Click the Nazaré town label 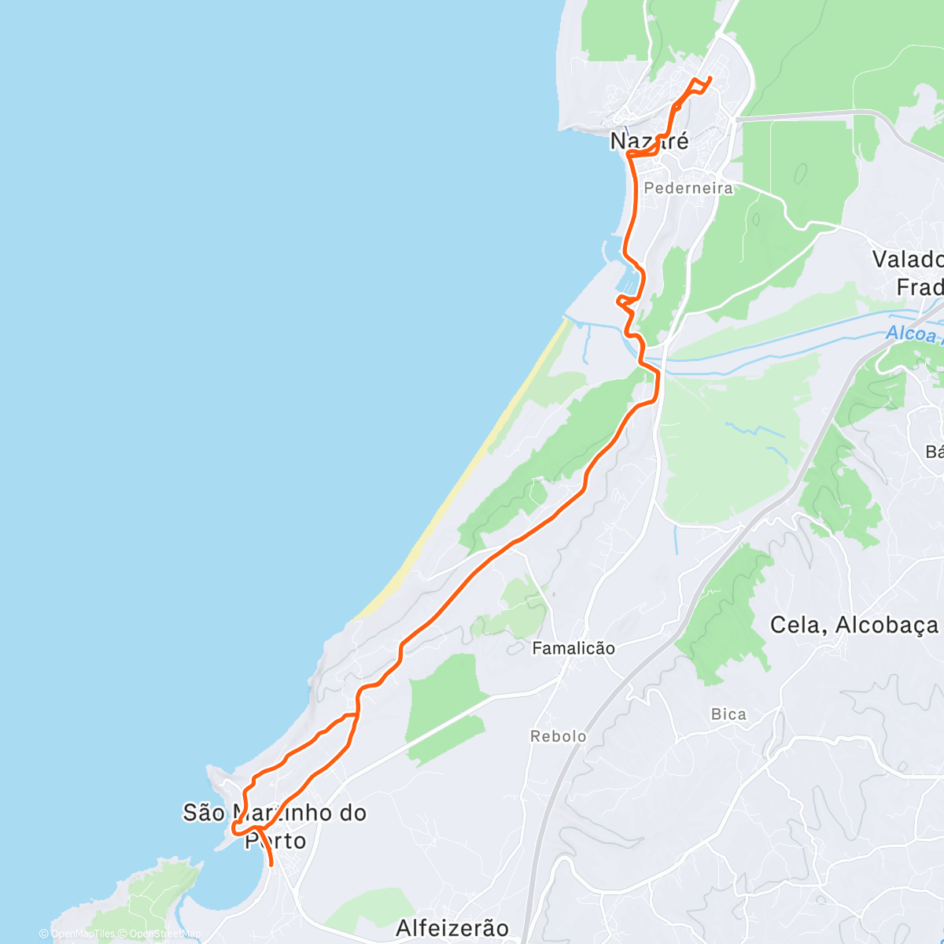click(x=649, y=142)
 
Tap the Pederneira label click(x=688, y=188)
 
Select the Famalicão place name click(x=573, y=648)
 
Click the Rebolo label click(x=559, y=736)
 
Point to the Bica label click(x=728, y=714)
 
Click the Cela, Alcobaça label click(x=854, y=625)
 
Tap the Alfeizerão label click(x=452, y=928)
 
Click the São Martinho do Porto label click(x=275, y=826)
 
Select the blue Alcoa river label click(x=913, y=334)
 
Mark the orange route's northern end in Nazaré click(x=710, y=77)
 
